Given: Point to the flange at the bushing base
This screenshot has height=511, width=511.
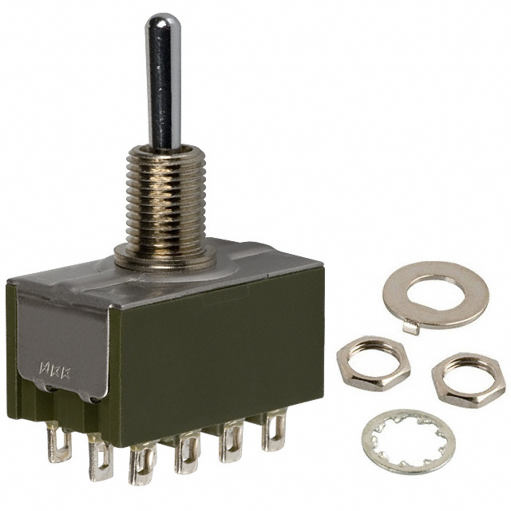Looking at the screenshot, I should coord(168,258).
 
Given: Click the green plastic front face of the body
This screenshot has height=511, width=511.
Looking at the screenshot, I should coord(216,351).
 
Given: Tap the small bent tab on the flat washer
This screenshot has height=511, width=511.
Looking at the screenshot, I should coord(410,326).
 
